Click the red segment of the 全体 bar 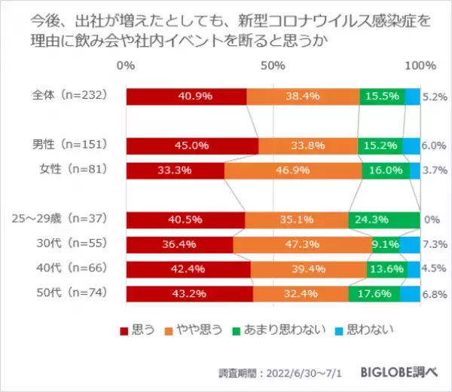click(186, 96)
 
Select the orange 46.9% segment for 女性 click(292, 171)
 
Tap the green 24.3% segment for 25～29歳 click(383, 221)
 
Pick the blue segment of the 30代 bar click(410, 245)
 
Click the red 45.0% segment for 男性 click(192, 146)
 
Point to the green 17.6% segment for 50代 click(374, 294)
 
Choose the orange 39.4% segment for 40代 click(308, 269)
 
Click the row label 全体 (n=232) click(72, 96)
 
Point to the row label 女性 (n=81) click(76, 170)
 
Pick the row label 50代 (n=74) click(76, 294)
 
